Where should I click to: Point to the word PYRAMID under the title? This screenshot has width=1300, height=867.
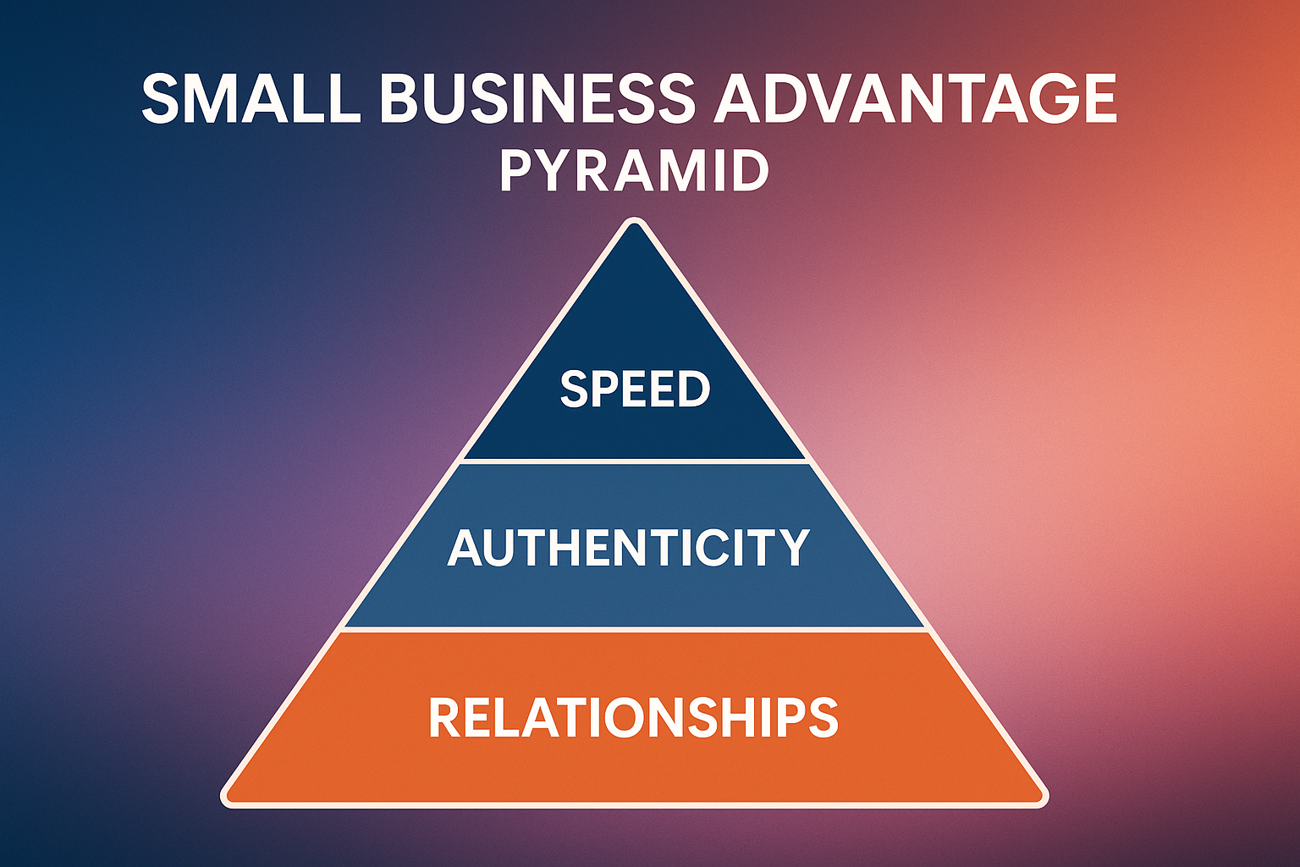[634, 171]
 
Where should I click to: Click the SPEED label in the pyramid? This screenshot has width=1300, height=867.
[635, 389]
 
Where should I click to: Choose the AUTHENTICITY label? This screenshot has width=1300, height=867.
[629, 548]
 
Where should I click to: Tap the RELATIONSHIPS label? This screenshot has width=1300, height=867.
[633, 718]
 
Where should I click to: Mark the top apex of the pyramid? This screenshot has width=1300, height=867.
[634, 224]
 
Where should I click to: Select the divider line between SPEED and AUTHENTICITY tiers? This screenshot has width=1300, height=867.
[634, 461]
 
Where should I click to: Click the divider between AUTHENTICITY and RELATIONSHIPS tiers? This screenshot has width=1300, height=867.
[634, 629]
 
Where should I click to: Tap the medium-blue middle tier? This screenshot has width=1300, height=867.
[634, 593]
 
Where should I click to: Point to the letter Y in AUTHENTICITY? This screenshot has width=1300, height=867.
[793, 548]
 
